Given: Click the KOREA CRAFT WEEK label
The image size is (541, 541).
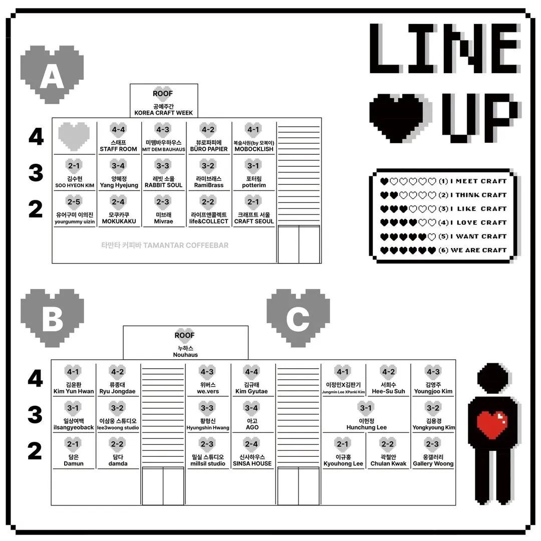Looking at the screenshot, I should click(163, 113).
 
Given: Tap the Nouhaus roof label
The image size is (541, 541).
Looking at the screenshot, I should click(185, 355).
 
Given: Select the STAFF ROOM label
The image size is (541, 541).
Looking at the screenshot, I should click(118, 149).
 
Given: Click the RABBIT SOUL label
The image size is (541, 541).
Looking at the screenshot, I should click(163, 185).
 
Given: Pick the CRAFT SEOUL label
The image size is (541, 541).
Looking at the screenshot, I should click(254, 221).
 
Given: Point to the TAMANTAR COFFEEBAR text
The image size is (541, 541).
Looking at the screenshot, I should click(164, 245).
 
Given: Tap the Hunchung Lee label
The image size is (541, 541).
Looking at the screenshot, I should click(367, 428).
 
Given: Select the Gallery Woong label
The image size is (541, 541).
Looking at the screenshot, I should click(433, 464).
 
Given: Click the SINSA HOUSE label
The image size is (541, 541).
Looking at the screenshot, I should click(252, 464).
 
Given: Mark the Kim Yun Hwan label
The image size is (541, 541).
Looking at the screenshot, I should click(74, 392).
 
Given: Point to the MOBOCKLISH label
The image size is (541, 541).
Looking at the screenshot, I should click(254, 149).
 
